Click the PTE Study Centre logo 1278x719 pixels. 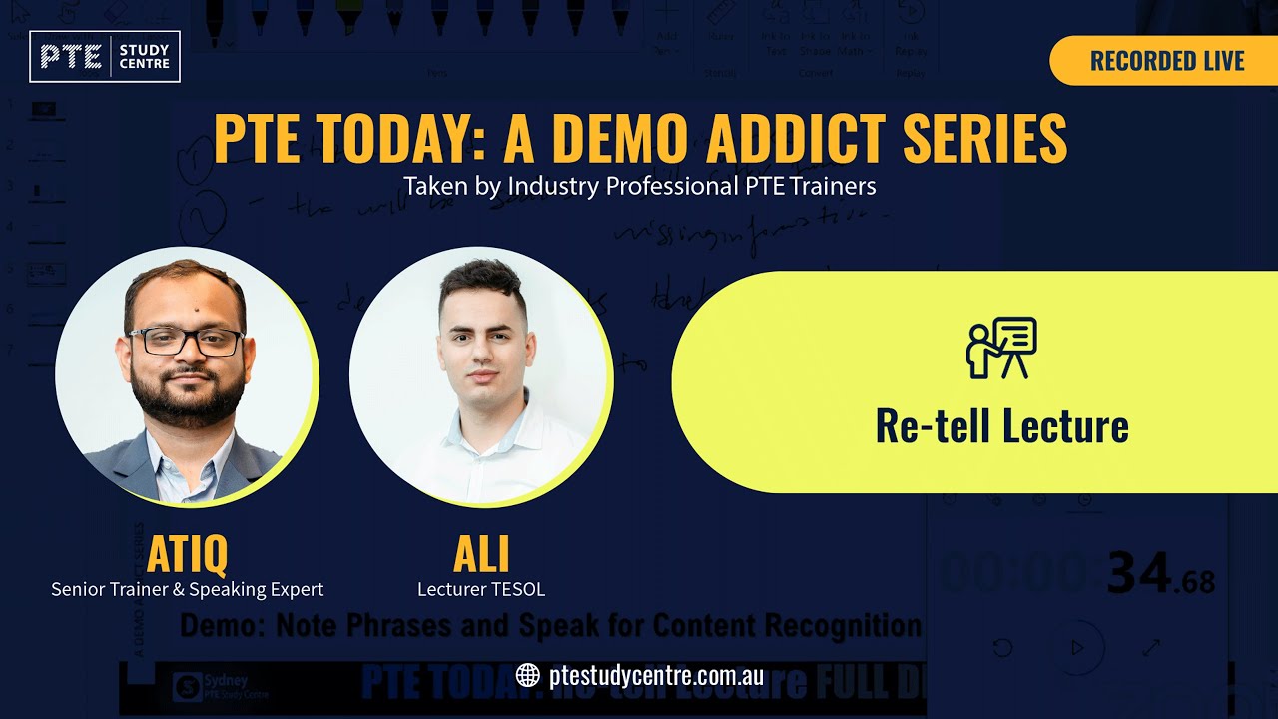[105, 56]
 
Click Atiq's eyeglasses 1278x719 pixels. [187, 342]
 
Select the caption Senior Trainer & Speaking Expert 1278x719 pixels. [188, 589]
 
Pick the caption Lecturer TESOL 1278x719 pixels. [481, 589]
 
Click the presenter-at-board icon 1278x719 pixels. [1001, 348]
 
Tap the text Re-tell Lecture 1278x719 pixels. [1001, 426]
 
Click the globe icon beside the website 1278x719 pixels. [528, 675]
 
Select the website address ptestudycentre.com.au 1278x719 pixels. [656, 675]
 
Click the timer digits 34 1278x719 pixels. [1139, 574]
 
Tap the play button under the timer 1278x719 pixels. [1076, 647]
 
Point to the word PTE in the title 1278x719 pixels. [254, 139]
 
